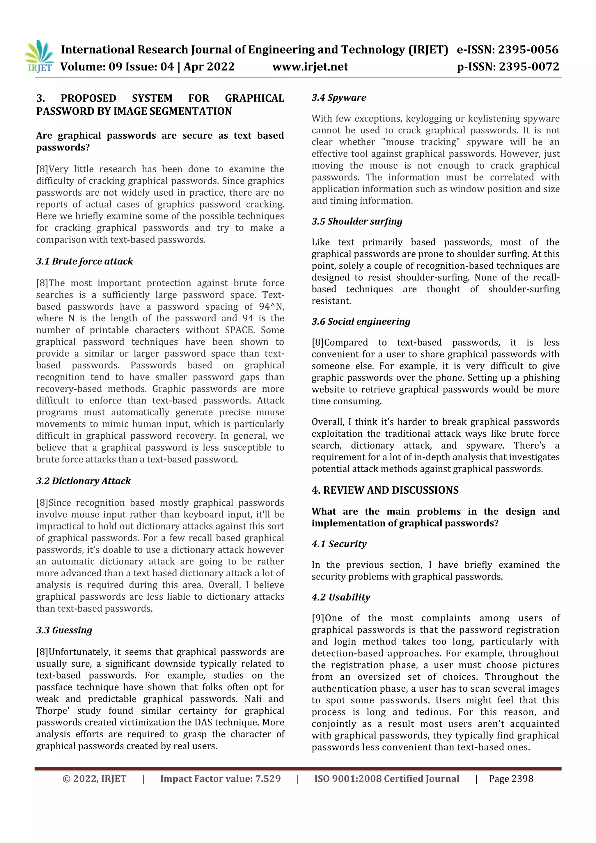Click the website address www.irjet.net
click(310, 67)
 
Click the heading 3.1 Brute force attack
click(84, 261)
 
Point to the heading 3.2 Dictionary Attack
click(83, 481)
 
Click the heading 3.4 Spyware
click(339, 98)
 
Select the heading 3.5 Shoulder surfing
click(357, 222)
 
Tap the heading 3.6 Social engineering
click(361, 322)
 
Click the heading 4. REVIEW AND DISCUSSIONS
click(385, 490)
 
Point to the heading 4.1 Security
click(339, 544)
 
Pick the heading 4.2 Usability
click(341, 597)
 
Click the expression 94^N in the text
click(271, 307)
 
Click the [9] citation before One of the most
click(318, 618)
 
